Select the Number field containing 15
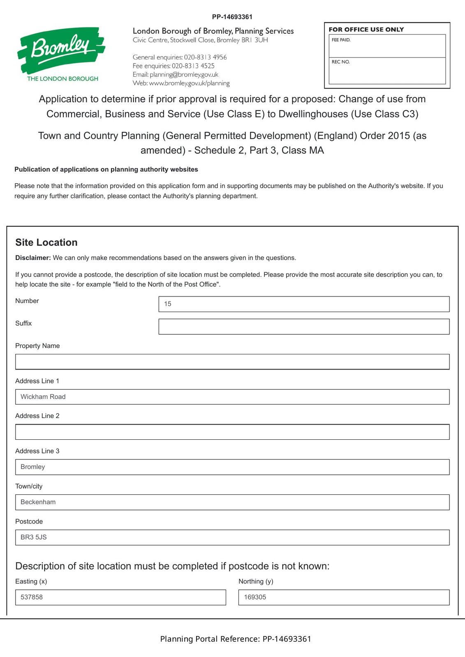304,304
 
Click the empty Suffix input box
304,326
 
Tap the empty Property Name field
232,362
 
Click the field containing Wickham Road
232,397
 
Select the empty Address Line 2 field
232,432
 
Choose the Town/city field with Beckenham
232,502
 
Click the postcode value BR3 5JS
34,537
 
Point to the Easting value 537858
32,597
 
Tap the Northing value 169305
255,597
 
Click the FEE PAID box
387,46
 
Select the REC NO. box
387,71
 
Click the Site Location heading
46,242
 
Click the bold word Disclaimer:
33,258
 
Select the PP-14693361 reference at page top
232,17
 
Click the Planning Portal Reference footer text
236,639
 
